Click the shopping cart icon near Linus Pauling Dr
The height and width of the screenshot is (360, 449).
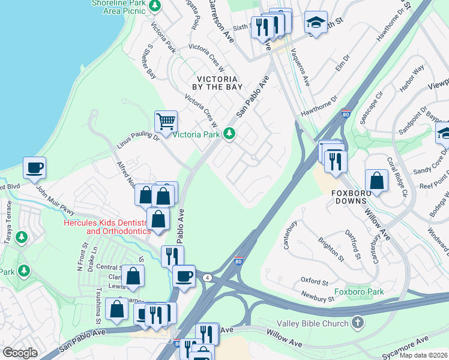coord(166,121)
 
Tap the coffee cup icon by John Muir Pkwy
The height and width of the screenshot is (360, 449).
coord(34,168)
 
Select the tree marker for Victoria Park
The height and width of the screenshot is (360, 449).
coord(229,134)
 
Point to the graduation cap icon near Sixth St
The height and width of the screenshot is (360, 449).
coord(316,22)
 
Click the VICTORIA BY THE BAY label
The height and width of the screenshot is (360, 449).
coord(217,83)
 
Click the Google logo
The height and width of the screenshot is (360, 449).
coord(20,353)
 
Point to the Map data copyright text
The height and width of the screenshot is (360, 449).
coord(423,355)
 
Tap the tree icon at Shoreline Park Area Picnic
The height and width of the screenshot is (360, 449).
coord(155,6)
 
